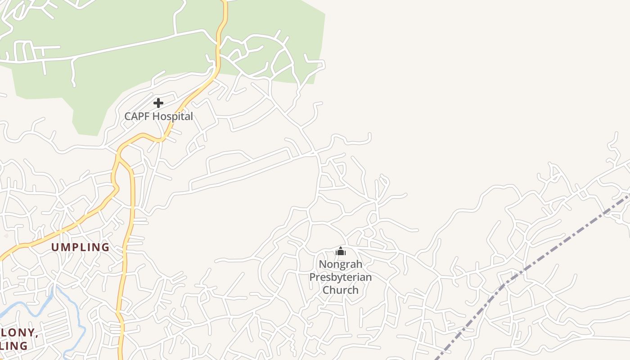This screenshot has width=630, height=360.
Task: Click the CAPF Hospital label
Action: click(x=158, y=116)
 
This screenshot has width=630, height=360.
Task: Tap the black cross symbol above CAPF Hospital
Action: click(x=158, y=103)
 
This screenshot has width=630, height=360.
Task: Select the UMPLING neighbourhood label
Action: click(x=80, y=247)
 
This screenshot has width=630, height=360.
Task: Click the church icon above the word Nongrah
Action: click(x=341, y=251)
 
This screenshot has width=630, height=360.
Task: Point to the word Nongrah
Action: click(x=340, y=264)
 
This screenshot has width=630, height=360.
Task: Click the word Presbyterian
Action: click(x=340, y=277)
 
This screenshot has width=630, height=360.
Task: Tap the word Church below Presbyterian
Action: click(x=340, y=290)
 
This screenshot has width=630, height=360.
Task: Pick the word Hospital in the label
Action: click(x=172, y=116)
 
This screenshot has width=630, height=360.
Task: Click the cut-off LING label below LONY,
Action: click(x=13, y=346)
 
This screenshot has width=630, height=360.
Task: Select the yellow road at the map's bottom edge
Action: click(x=121, y=355)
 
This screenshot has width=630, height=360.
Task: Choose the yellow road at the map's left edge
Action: click(x=2, y=257)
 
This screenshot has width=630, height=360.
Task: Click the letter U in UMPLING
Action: click(x=55, y=247)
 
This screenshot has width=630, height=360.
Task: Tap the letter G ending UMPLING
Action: click(x=106, y=247)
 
